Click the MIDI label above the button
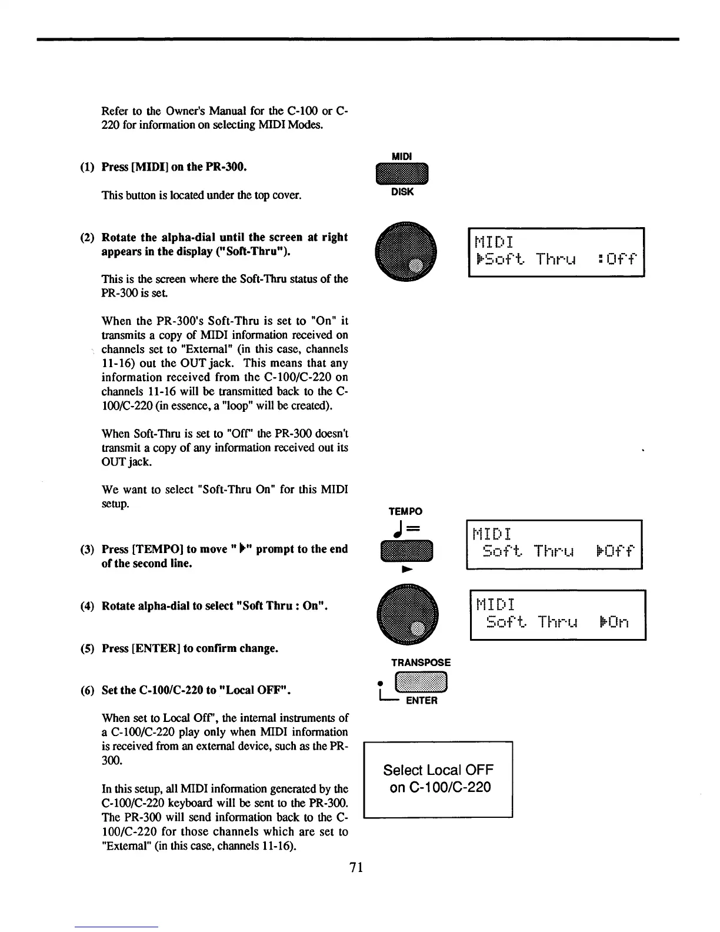coord(402,156)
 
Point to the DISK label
coord(402,192)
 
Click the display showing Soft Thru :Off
coord(556,251)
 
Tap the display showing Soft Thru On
coord(558,614)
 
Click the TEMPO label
coord(405,511)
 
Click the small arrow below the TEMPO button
coord(405,570)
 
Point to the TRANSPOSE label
coord(421,663)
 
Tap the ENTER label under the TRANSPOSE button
coord(421,701)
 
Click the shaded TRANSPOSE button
coord(421,682)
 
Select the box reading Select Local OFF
coord(438,779)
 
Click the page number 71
coord(356,867)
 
